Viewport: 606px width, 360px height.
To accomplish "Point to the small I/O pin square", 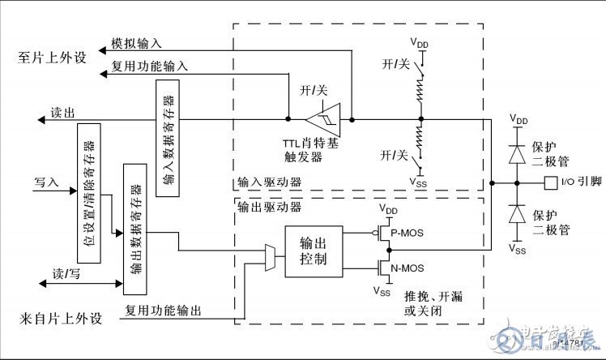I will point(550,182).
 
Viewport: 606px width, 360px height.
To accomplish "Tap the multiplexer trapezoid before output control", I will point(271,257).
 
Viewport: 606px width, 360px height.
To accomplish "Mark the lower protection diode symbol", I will point(514,215).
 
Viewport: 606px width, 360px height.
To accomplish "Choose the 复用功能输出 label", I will point(162,310).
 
